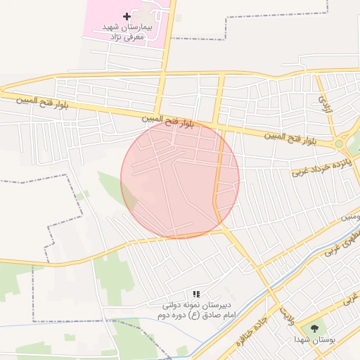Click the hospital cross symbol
coord(127,16)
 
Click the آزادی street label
coord(324,105)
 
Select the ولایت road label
coord(284,309)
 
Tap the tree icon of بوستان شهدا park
coord(314,328)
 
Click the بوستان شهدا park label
coord(314,339)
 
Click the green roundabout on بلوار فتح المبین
coord(339,143)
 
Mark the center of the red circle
coord(180,179)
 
